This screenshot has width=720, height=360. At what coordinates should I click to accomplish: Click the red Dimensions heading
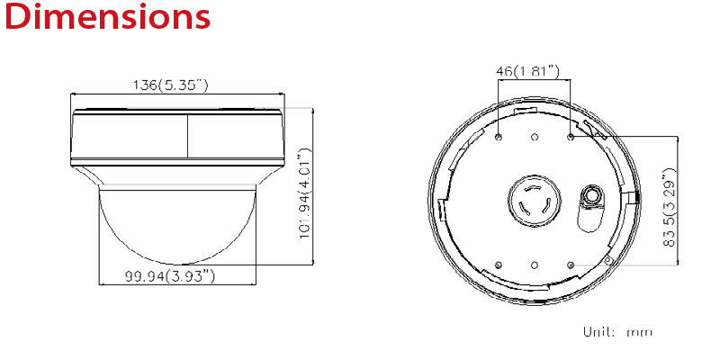coord(107,16)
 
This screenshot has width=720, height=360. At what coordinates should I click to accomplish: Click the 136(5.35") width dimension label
coord(170,85)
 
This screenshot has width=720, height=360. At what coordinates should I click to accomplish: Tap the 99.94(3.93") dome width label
coord(170,276)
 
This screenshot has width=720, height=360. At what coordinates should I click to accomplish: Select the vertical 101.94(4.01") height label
coord(306,193)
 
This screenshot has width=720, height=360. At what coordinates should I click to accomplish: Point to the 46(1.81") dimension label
coord(528,71)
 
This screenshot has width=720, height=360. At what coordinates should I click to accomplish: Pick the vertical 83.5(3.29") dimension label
coord(670,208)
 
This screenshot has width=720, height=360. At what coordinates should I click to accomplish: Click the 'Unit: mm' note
coord(617,331)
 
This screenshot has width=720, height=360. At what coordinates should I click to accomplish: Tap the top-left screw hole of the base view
coord(499,137)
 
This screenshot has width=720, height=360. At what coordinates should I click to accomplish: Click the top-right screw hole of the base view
coord(571,137)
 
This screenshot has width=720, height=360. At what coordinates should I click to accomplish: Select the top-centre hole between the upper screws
coord(535,137)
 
